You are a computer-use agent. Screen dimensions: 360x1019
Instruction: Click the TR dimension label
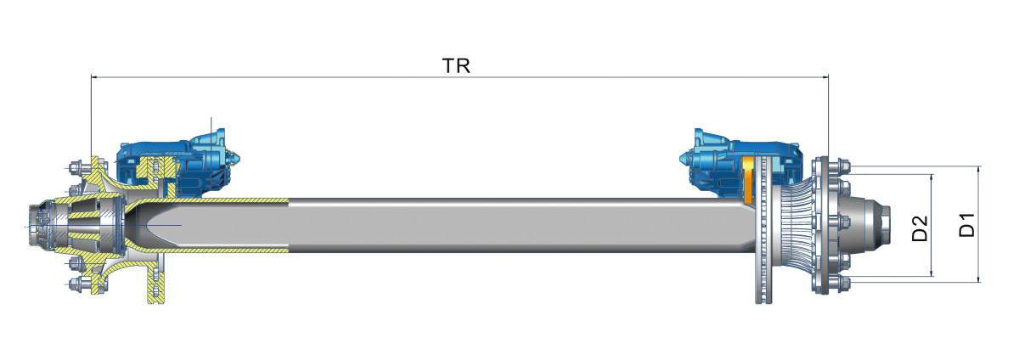(456, 66)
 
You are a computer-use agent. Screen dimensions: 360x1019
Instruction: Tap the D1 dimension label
(966, 226)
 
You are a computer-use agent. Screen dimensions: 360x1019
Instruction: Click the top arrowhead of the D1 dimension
(979, 171)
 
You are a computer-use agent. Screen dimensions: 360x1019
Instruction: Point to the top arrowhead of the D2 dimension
(932, 178)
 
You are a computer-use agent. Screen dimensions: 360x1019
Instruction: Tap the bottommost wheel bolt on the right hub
(832, 283)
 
